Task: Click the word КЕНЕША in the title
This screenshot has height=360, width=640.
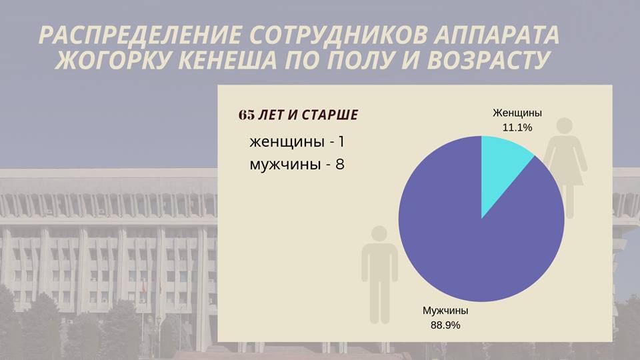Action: (228, 61)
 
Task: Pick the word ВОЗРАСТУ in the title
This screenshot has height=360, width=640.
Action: (488, 61)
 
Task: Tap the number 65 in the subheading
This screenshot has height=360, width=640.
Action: (247, 115)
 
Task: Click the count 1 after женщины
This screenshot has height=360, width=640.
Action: (341, 141)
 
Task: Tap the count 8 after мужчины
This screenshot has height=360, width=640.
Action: (340, 164)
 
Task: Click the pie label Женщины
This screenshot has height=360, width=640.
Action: (517, 113)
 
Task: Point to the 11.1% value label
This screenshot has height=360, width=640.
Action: (517, 128)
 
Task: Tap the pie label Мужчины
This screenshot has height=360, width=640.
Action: (445, 310)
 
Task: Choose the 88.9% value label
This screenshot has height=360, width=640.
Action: (445, 325)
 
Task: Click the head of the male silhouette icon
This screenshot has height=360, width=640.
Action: (379, 233)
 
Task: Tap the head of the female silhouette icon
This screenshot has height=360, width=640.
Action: (565, 126)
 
